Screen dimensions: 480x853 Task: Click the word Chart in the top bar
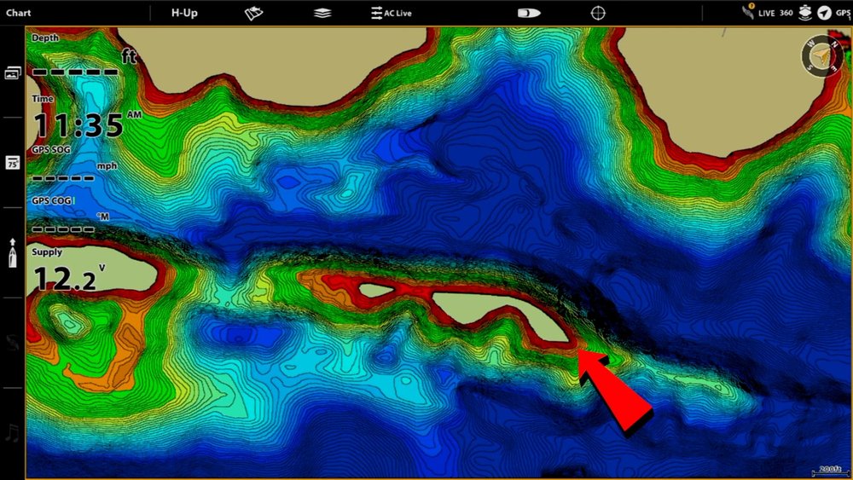pyautogui.click(x=19, y=13)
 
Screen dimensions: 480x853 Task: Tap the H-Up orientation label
pyautogui.click(x=185, y=13)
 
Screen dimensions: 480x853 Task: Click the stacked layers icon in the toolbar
pyautogui.click(x=322, y=13)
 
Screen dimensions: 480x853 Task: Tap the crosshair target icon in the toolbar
pyautogui.click(x=599, y=13)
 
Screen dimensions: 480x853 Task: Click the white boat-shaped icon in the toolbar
pyautogui.click(x=529, y=13)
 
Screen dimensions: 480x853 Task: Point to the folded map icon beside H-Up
pyautogui.click(x=253, y=13)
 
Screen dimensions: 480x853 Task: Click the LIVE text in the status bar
pyautogui.click(x=766, y=14)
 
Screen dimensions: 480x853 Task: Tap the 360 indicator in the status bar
pyautogui.click(x=786, y=14)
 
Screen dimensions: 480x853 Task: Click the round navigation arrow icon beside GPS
pyautogui.click(x=823, y=13)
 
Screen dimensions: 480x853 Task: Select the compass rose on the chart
pyautogui.click(x=821, y=55)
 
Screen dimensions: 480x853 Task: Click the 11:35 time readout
pyautogui.click(x=78, y=125)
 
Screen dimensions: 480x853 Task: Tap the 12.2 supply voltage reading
pyautogui.click(x=64, y=279)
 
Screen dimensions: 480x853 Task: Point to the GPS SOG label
pyautogui.click(x=52, y=149)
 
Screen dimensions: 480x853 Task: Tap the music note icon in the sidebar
pyautogui.click(x=12, y=433)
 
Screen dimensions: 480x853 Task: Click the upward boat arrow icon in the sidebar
pyautogui.click(x=12, y=253)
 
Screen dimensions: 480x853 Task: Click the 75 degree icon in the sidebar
pyautogui.click(x=12, y=163)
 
